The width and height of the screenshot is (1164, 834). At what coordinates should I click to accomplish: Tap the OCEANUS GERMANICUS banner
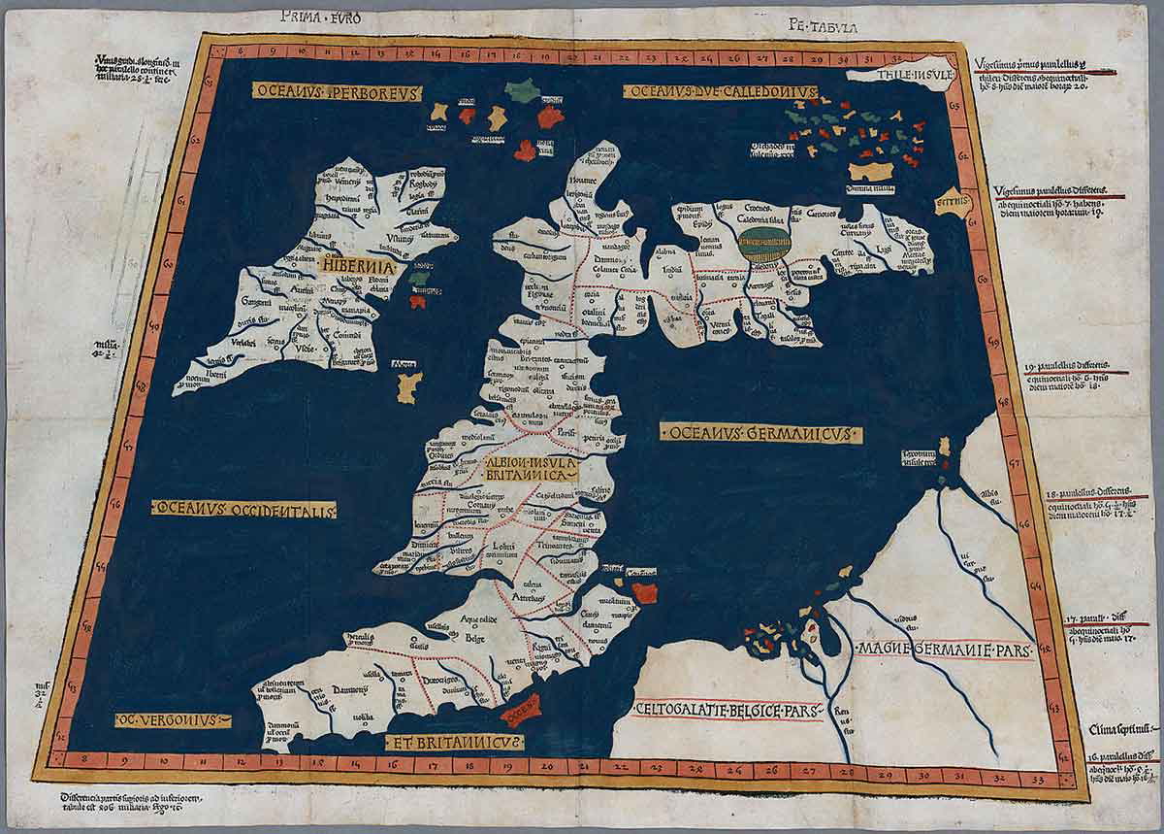[x=760, y=433]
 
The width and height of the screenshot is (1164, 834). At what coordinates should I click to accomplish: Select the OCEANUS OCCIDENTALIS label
[x=243, y=509]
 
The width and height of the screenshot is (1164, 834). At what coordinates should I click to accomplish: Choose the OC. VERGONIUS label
[x=173, y=720]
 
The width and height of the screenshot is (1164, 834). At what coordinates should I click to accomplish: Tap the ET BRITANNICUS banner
[x=455, y=743]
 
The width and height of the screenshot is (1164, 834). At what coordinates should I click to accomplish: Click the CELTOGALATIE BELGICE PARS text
[x=727, y=711]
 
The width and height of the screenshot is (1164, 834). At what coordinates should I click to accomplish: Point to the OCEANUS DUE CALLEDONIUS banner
[x=720, y=92]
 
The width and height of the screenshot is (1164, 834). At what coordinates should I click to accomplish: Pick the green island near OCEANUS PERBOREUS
[x=522, y=90]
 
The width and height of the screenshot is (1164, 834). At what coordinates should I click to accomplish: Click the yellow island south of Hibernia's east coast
[x=408, y=387]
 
